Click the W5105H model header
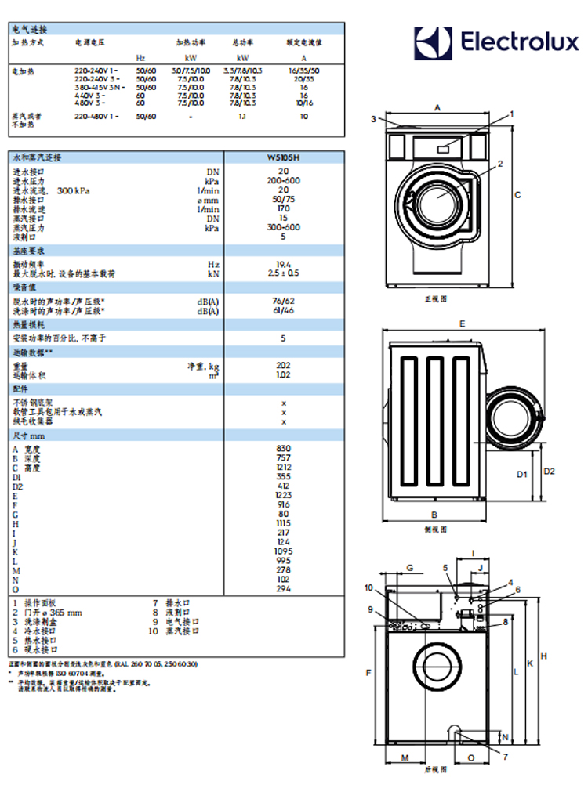283,157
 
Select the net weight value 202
283,365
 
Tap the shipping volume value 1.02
283,374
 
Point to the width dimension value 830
283,449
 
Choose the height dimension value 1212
283,468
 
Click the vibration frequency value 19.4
283,264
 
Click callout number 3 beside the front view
374,119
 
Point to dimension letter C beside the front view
517,195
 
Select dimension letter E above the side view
463,323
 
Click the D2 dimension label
549,472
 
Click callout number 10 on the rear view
369,587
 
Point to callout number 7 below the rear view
505,756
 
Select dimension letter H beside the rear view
543,656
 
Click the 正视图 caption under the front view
436,299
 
